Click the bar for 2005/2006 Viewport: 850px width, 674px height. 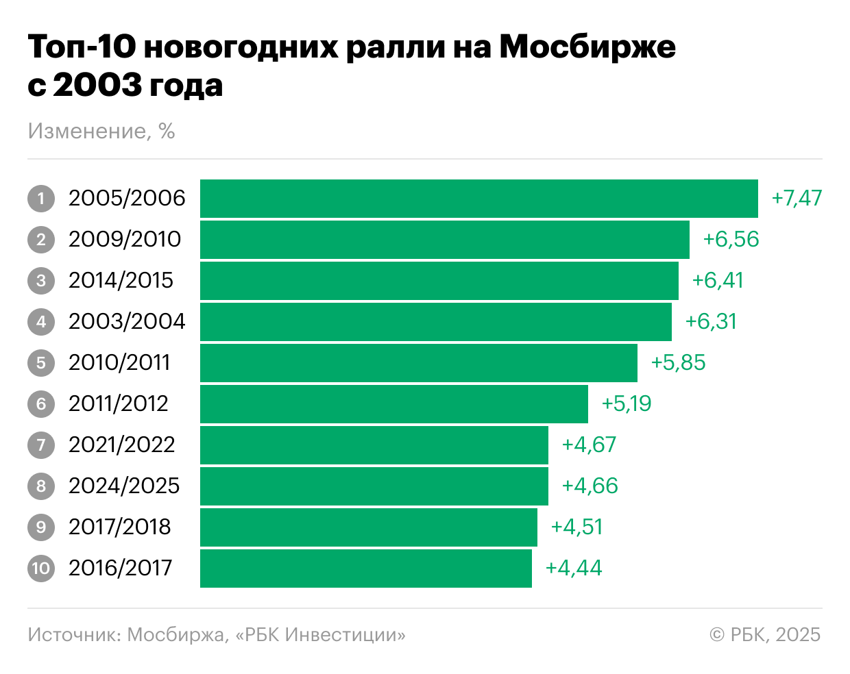coord(478,199)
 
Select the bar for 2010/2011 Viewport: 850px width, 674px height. coord(418,363)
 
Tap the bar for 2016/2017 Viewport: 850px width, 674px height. coord(365,569)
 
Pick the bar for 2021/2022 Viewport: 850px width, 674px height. coord(374,445)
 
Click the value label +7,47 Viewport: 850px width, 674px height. coord(797,199)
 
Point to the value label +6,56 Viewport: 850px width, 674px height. coord(731,240)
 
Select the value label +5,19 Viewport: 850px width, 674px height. coord(626,404)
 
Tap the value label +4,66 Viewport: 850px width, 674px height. coord(590,486)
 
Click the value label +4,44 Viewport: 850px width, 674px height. coord(573,569)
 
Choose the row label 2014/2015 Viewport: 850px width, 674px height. coord(121,281)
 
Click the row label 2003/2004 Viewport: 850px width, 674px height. coord(127,322)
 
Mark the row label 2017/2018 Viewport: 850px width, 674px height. coord(119,527)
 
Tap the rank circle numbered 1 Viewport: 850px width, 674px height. coord(41,199)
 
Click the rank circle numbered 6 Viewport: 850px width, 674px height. coord(41,404)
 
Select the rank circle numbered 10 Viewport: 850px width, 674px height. coord(41,569)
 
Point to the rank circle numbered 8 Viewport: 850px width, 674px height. coord(41,486)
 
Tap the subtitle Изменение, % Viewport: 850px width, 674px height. coord(101,131)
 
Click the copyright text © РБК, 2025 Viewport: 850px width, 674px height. coord(765,635)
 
